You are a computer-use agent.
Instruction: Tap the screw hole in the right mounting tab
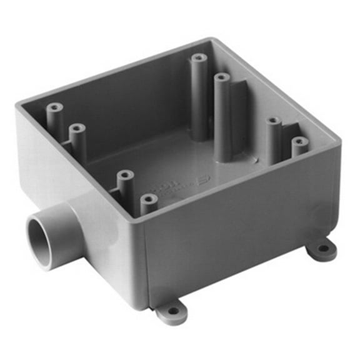322,248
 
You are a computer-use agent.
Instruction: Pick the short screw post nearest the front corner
149,200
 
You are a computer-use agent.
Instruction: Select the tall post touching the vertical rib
221,79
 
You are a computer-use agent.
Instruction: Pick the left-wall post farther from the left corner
77,129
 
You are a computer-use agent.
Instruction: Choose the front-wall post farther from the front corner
125,176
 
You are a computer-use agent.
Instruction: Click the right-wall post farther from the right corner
274,122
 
